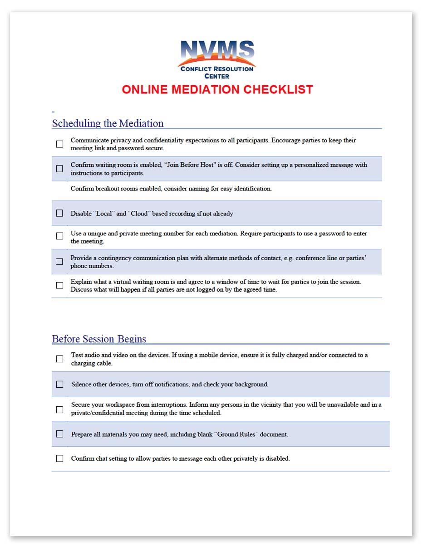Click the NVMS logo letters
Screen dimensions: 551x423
pos(217,50)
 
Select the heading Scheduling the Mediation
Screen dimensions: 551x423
pos(108,123)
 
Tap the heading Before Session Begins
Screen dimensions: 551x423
pos(99,339)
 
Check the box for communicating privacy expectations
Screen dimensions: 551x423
pos(59,144)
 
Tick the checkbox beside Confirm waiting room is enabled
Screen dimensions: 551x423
pos(59,169)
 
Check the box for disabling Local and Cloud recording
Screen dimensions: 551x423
pos(59,213)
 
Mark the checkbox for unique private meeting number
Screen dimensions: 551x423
pos(59,236)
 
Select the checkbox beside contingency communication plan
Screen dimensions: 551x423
pos(59,262)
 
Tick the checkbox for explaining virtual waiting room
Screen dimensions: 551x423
pos(59,285)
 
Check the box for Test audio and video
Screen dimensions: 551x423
pos(59,359)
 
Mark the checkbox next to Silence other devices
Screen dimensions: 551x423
pos(59,384)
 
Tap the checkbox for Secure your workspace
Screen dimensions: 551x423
pos(59,410)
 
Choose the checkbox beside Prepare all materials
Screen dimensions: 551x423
pos(59,434)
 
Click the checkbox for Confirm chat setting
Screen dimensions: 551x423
pos(59,458)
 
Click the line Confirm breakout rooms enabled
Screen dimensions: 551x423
pos(171,189)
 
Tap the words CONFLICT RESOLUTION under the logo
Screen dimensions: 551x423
pos(217,69)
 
